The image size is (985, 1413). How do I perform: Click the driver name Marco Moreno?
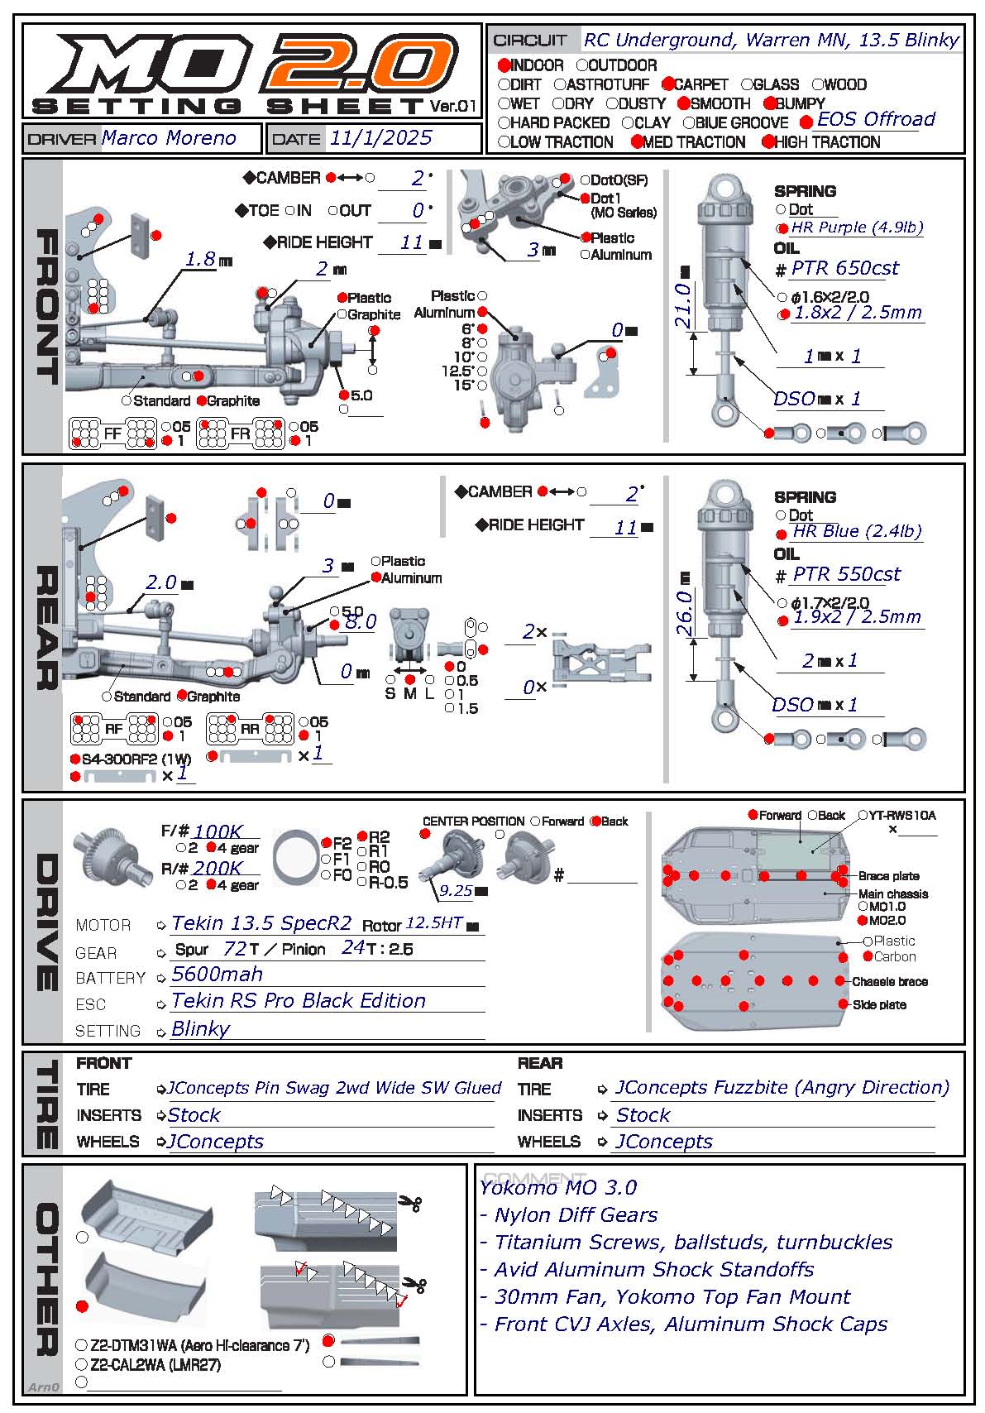point(169,137)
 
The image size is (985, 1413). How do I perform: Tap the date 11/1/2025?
point(381,137)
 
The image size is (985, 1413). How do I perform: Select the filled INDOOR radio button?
point(504,65)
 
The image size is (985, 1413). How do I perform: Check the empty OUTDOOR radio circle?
point(582,65)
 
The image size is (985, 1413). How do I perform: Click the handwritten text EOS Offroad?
point(876,118)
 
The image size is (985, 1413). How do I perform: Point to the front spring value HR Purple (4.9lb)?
point(857,227)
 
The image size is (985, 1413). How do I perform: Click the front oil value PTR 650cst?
point(845,268)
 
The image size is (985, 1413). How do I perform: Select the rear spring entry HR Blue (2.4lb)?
point(857,531)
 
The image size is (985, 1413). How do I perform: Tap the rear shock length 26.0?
point(684,612)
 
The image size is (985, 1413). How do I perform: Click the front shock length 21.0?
point(683,305)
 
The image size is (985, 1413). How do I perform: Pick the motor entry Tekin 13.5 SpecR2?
point(261,923)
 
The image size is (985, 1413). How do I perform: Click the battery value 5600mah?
point(217,974)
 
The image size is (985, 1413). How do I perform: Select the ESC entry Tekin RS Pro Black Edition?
point(299,1000)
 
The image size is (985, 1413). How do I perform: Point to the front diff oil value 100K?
point(218,831)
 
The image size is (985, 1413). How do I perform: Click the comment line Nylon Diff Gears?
point(576,1214)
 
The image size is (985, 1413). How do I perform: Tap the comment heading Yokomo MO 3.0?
point(558,1187)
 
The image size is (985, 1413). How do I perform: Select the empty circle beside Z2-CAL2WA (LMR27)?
point(81,1364)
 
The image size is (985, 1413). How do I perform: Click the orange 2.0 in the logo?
point(361,62)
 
